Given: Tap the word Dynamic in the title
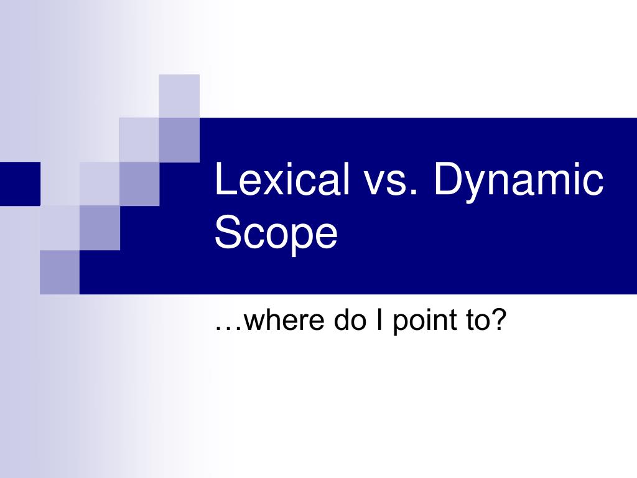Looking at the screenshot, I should pos(518,180).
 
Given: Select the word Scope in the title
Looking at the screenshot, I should pos(276,234).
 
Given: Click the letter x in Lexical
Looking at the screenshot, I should pos(265,184).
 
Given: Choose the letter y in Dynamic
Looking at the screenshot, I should pos(478,187).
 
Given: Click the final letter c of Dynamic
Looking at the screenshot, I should pos(593,184).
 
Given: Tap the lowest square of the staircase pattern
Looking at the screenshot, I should pos(60,271).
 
